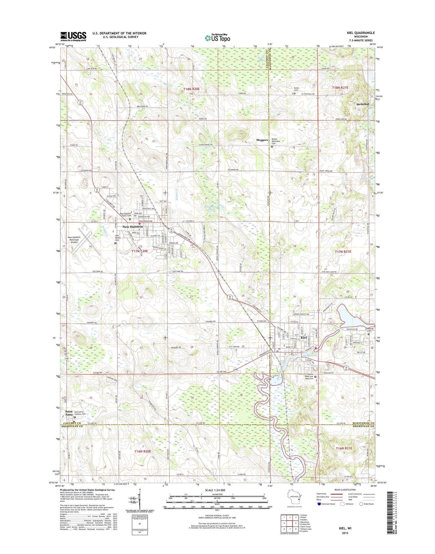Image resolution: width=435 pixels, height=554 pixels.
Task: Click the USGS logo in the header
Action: click(x=73, y=37)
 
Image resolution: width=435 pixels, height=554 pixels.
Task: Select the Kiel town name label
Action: click(x=304, y=338)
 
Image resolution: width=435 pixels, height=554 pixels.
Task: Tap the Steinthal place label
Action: click(x=362, y=104)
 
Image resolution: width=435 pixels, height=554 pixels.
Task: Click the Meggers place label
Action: click(x=262, y=140)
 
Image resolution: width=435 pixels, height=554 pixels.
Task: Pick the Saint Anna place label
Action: click(x=69, y=413)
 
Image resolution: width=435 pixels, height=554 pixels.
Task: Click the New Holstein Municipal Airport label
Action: click(x=74, y=240)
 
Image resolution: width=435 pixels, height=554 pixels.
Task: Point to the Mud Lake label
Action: click(x=367, y=179)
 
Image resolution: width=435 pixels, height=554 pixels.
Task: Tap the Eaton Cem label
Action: click(x=296, y=89)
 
